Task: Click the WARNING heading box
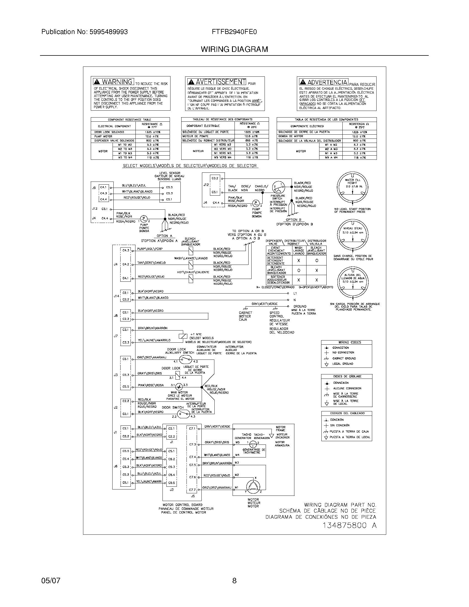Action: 114,82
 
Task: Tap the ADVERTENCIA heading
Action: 323,82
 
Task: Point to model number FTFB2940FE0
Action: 234,32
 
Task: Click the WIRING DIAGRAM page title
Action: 234,49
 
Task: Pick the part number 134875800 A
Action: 349,525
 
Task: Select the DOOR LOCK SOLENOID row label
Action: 109,132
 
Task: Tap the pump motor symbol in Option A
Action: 144,218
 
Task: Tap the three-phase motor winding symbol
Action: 253,485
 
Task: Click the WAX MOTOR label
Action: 179,392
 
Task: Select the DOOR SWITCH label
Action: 173,408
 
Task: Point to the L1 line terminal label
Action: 295,293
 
